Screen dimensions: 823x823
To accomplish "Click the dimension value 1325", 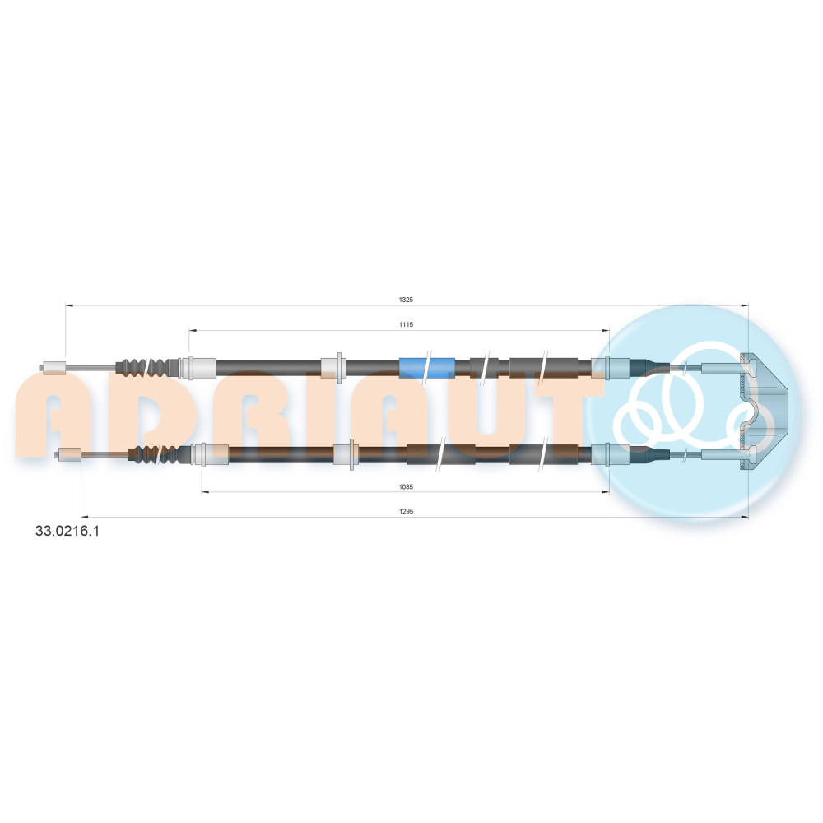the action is [406, 300].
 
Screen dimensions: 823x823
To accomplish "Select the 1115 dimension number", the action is [406, 324].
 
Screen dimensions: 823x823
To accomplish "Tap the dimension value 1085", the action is [406, 486].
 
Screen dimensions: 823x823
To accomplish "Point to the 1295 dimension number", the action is [406, 511].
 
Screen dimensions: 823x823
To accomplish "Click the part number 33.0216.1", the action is [67, 531].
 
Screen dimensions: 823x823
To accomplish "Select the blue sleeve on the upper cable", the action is [426, 367].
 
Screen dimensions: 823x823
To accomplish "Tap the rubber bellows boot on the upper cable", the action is [146, 367].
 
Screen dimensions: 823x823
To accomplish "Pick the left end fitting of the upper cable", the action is [53, 367].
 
